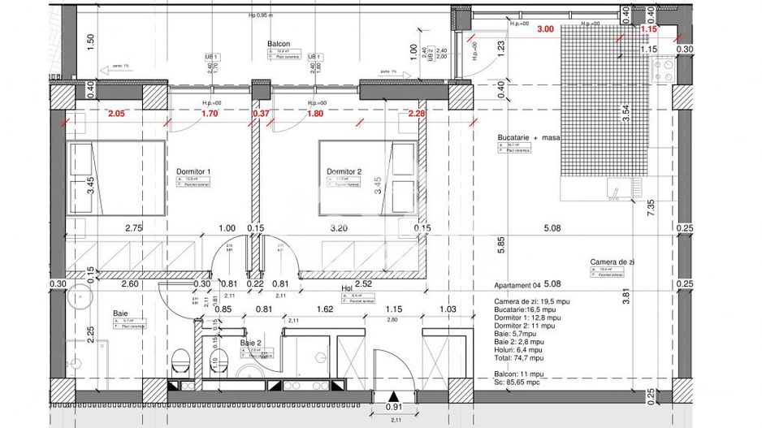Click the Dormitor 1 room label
coord(193,171)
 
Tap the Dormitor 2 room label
coord(343,171)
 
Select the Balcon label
coord(279,44)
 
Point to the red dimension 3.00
coord(546,28)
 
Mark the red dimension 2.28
coord(417,115)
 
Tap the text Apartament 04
coord(517,286)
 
